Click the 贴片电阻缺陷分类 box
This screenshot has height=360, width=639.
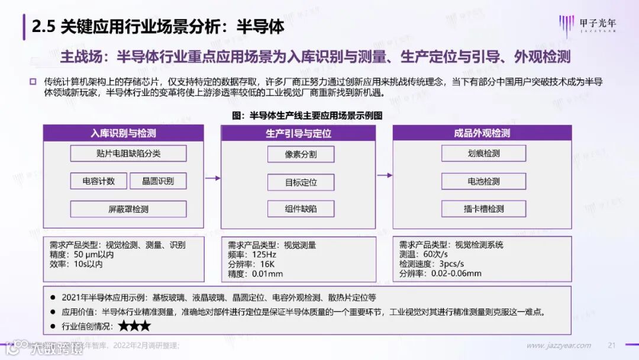click(128, 153)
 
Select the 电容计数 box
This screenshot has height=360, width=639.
click(98, 181)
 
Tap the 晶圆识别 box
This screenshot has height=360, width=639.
click(158, 181)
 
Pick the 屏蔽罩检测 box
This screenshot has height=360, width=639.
click(128, 209)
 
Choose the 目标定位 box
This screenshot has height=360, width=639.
click(301, 182)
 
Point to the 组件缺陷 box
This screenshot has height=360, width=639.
click(301, 209)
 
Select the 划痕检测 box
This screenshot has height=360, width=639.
click(483, 153)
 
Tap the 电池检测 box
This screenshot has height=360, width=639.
click(483, 181)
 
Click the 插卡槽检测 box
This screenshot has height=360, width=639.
click(483, 208)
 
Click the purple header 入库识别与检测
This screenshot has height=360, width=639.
click(123, 133)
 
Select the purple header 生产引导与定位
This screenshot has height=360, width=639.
click(298, 133)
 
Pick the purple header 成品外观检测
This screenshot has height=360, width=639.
click(482, 133)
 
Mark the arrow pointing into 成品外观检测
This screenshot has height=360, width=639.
click(385, 175)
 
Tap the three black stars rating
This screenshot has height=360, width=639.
click(134, 326)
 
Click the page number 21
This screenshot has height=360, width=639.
click(612, 345)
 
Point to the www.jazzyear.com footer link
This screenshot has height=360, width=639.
click(559, 345)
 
